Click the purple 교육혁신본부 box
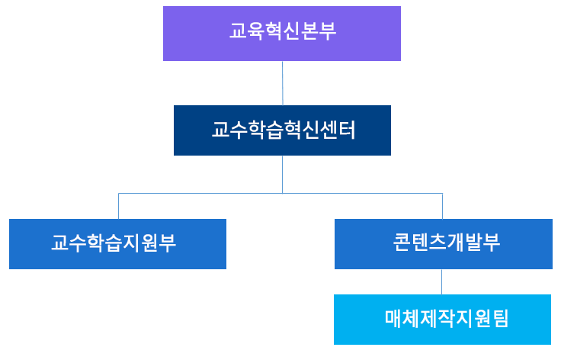[281, 34]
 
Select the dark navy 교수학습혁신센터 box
[282, 130]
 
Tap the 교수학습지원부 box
[117, 244]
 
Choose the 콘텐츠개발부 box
[443, 244]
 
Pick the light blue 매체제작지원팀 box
[442, 320]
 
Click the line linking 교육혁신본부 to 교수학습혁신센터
[282, 82]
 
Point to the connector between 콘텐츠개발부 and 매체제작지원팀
[442, 281]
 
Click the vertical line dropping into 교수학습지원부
[118, 206]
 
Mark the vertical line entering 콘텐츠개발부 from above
[442, 206]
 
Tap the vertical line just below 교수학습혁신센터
[282, 174]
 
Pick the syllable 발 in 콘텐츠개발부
[469, 243]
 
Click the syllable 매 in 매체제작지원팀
[393, 319]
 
